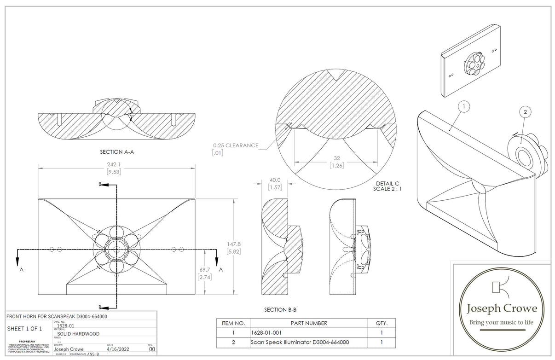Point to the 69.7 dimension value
coord(205,269)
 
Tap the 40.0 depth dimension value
coord(275,180)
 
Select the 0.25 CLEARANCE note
coord(236,145)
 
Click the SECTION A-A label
coord(117,151)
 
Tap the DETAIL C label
coord(387,183)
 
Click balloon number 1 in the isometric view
coord(464,107)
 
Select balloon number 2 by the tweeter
coord(525,112)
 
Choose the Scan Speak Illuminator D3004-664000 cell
coord(300,342)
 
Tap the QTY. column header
coord(382,323)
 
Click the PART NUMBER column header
coord(309,323)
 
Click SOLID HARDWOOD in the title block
coord(78,334)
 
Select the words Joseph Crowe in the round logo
coord(502,308)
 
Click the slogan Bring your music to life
coord(501,322)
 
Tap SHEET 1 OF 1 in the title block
coord(24,329)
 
